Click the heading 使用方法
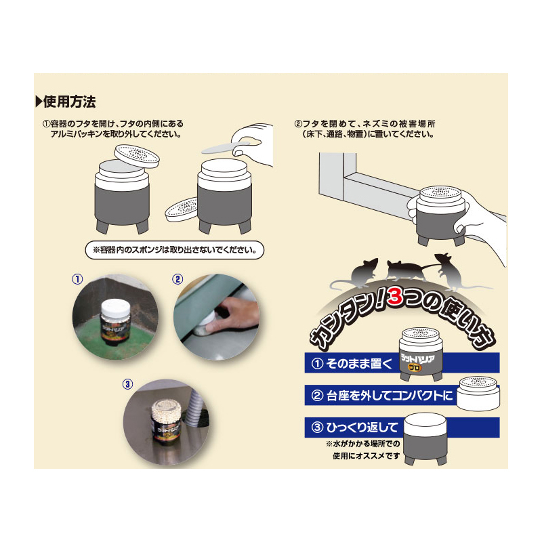[x=70, y=102]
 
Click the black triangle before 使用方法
[x=39, y=102]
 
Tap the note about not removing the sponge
[x=175, y=249]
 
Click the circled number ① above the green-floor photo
[x=77, y=279]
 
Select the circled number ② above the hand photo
[x=178, y=279]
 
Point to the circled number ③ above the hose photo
[x=127, y=383]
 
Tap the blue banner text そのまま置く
[x=358, y=363]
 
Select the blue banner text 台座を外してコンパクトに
[x=389, y=396]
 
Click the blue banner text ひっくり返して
[x=362, y=428]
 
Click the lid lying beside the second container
[x=182, y=209]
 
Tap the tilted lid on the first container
[x=137, y=157]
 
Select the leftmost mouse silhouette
[x=360, y=273]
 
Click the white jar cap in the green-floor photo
[x=115, y=308]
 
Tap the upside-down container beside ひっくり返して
[x=425, y=439]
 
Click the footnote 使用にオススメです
[x=366, y=456]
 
